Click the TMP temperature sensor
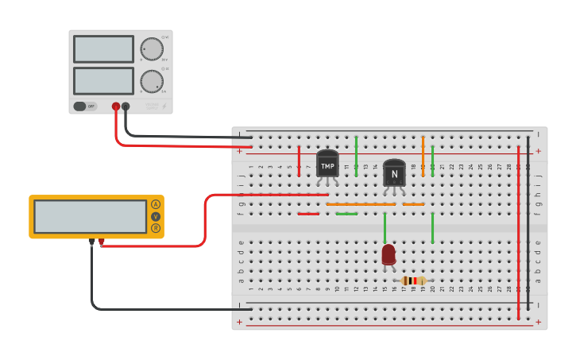click(x=327, y=165)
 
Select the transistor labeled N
click(x=394, y=174)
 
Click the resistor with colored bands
click(x=412, y=281)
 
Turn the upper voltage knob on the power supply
click(x=152, y=49)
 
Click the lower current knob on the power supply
click(x=152, y=81)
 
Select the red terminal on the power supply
click(x=116, y=106)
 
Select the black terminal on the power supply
click(x=126, y=106)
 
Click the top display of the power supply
click(x=103, y=49)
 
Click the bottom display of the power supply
click(x=103, y=81)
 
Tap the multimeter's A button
click(x=156, y=204)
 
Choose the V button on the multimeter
click(x=156, y=216)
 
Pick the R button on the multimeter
click(x=156, y=228)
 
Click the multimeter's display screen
click(x=90, y=216)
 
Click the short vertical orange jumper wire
click(x=423, y=146)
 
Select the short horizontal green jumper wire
click(x=346, y=214)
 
